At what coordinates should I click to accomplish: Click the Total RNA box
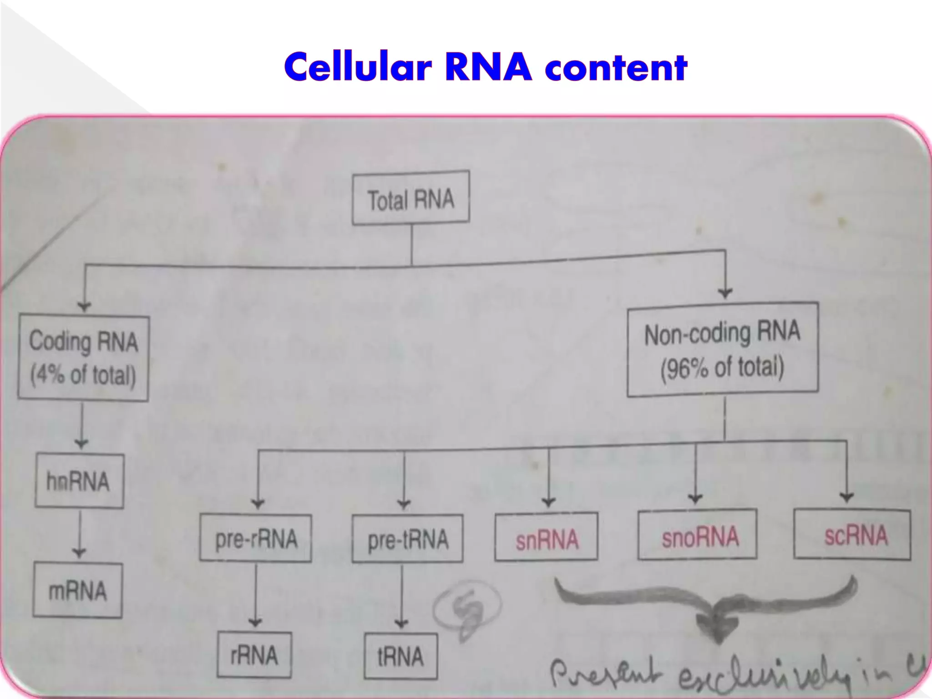click(410, 198)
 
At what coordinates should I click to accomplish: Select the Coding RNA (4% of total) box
click(83, 359)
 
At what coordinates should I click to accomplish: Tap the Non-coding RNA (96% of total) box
click(722, 349)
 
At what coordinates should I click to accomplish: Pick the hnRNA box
click(79, 481)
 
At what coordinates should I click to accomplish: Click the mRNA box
click(77, 591)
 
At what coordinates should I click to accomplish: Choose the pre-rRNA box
click(255, 538)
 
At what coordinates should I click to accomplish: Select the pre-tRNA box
click(407, 538)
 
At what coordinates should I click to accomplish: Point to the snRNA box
click(546, 537)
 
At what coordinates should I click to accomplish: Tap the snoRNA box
click(697, 535)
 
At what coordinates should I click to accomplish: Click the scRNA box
click(852, 535)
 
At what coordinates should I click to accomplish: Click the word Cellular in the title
click(357, 68)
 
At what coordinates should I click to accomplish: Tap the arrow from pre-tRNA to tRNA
click(401, 596)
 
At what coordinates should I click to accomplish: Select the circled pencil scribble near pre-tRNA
click(467, 610)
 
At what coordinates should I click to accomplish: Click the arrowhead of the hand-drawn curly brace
click(717, 630)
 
